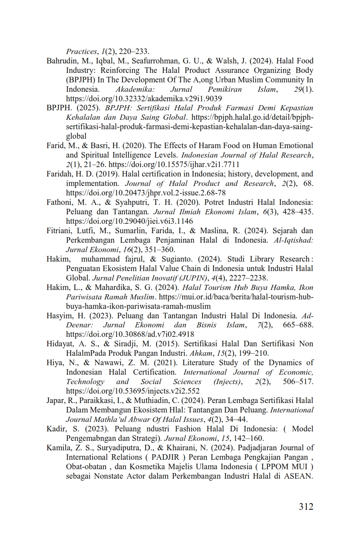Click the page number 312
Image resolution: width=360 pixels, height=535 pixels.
click(x=306, y=507)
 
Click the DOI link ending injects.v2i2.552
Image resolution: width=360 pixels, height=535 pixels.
click(x=133, y=391)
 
